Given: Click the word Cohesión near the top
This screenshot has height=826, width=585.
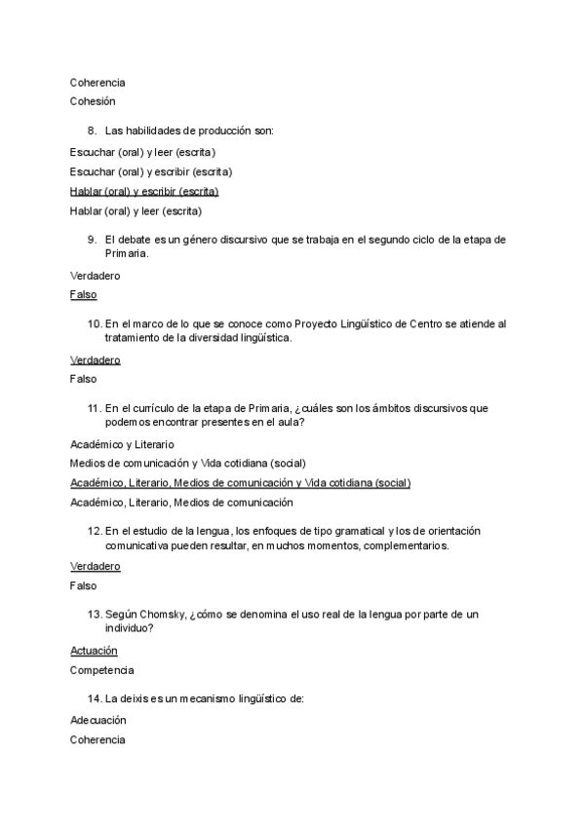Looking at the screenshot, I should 93,100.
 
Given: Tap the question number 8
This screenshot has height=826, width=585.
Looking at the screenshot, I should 91,131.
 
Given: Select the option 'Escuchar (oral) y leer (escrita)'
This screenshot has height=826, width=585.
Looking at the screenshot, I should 142,152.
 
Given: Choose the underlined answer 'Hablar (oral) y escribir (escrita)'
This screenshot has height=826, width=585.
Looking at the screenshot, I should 144,191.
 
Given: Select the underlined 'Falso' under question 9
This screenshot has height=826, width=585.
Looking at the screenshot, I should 83,294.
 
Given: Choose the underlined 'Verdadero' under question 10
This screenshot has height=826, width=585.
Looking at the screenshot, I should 96,359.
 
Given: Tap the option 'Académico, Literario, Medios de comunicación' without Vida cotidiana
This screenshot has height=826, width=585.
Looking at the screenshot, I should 181,503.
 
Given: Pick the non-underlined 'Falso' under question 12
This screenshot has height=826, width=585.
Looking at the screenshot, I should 83,586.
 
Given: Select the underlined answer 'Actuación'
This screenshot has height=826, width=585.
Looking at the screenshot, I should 94,650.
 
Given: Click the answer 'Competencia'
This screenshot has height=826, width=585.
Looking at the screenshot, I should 101,670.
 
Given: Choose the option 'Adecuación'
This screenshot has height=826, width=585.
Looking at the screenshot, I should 97,720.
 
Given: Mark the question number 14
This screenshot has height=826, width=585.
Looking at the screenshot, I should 94,698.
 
